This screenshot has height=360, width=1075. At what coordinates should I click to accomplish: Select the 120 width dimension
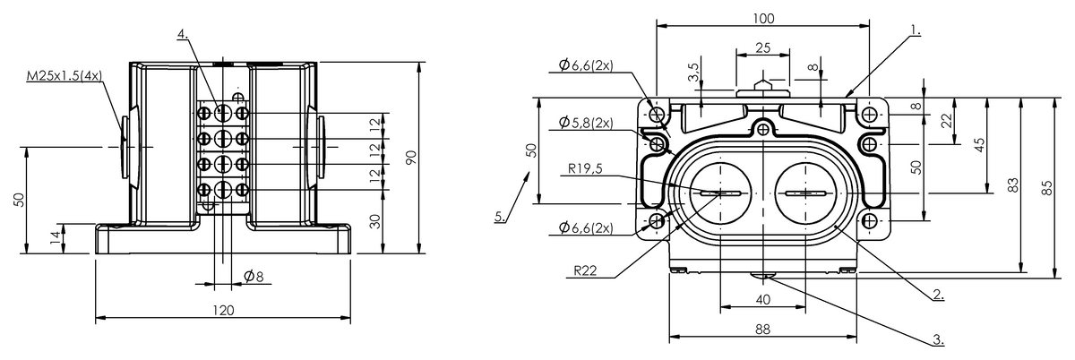(x=223, y=310)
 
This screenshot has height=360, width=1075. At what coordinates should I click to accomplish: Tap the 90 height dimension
(x=410, y=158)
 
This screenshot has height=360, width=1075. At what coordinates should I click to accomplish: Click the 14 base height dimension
(x=56, y=237)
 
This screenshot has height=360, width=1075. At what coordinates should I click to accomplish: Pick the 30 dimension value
(x=375, y=222)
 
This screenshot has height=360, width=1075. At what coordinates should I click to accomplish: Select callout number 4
(x=182, y=34)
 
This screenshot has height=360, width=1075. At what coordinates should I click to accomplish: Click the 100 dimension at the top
(x=763, y=18)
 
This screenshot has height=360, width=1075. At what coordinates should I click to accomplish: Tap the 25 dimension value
(x=762, y=47)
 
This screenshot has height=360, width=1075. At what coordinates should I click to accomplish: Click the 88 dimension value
(x=762, y=330)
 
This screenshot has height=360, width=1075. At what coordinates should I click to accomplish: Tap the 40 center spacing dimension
(x=762, y=299)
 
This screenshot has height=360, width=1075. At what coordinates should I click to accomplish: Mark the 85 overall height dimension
(x=1046, y=186)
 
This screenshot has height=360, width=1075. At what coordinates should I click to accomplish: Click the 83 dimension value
(x=1012, y=184)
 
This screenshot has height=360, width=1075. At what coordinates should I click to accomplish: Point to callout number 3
(x=938, y=339)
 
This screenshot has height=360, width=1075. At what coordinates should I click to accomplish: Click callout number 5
(x=499, y=216)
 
